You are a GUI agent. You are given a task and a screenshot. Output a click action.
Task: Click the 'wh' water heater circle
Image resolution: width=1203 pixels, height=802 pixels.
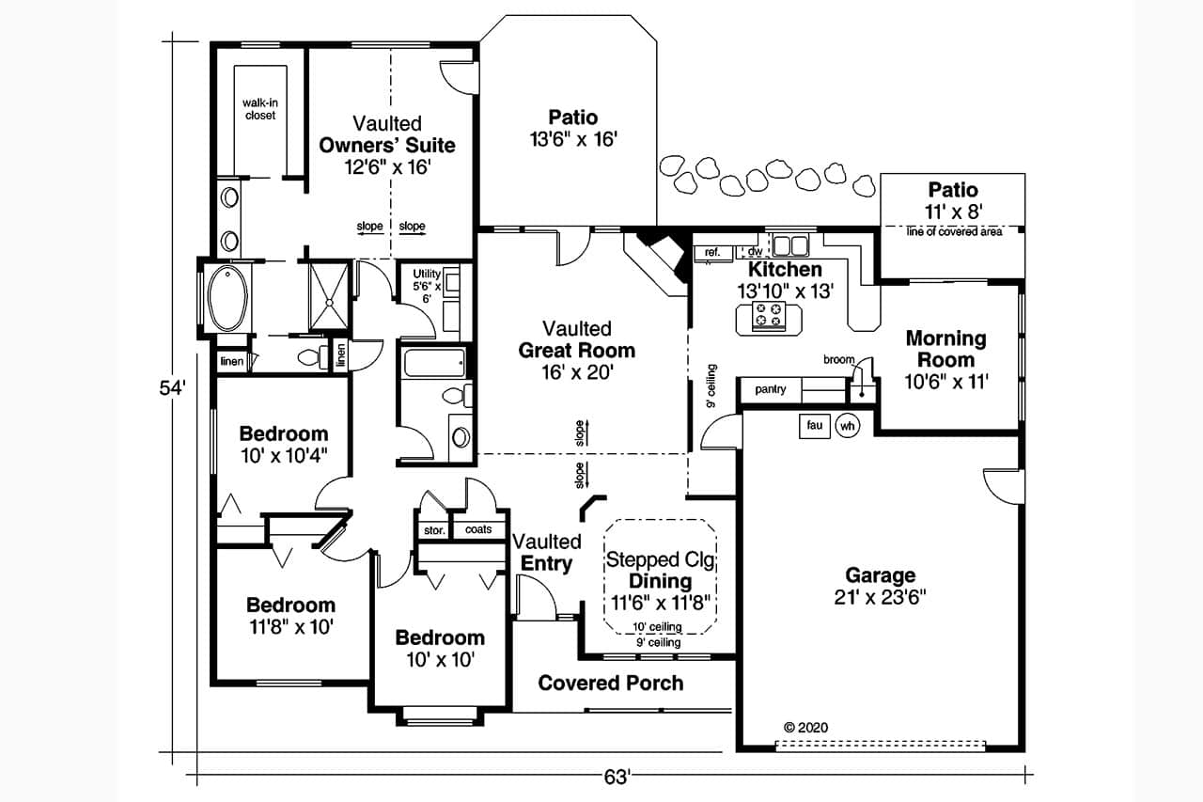848,425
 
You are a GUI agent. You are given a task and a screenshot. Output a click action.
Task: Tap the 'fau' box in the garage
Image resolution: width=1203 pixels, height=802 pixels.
814,425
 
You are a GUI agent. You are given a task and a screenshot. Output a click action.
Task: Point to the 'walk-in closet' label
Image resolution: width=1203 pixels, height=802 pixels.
260,108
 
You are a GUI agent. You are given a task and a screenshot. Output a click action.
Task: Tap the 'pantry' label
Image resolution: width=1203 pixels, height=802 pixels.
771,389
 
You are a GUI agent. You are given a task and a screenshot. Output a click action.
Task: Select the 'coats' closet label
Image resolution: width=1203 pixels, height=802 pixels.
478,529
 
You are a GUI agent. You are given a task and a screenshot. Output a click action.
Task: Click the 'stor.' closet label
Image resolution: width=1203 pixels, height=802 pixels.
434,530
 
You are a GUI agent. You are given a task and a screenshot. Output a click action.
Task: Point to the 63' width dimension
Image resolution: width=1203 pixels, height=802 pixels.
616,777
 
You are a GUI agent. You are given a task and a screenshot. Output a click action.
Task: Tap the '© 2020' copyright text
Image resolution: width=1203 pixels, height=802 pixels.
805,727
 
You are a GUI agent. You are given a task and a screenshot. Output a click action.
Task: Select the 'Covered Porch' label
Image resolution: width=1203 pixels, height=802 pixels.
610,683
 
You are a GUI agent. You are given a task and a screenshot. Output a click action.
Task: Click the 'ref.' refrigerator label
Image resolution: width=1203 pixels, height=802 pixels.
712,252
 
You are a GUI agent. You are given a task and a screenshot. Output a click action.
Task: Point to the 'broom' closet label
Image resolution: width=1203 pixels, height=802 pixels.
838,359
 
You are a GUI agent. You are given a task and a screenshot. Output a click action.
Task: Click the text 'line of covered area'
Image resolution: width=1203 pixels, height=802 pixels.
954,231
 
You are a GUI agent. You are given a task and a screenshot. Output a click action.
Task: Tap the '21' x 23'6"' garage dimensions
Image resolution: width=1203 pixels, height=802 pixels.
880,598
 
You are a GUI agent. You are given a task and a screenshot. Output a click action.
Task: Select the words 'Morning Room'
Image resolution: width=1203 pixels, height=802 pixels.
945,349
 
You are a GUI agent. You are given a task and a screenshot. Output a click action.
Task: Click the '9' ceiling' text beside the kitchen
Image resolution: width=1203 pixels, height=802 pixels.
712,386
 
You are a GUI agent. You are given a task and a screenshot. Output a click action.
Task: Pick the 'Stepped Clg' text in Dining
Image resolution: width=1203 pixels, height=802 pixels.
661,560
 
